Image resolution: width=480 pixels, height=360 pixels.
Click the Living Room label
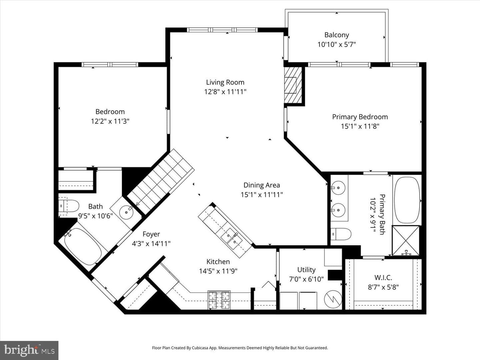click(x=225, y=82)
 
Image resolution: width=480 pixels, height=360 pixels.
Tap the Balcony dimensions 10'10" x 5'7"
click(x=337, y=45)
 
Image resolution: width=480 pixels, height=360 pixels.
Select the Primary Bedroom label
click(x=360, y=117)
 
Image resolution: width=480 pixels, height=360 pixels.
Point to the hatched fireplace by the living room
click(x=293, y=85)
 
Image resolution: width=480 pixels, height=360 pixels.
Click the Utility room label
click(x=306, y=270)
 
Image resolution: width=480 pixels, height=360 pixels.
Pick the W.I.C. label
click(x=383, y=278)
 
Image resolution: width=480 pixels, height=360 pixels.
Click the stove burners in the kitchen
click(x=219, y=300)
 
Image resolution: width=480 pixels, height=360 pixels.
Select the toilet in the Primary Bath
click(x=341, y=234)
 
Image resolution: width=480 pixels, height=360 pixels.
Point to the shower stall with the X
click(x=406, y=240)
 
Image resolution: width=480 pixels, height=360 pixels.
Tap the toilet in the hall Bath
click(x=69, y=206)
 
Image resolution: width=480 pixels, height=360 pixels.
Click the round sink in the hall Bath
click(x=126, y=212)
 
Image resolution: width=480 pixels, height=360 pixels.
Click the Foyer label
click(x=151, y=234)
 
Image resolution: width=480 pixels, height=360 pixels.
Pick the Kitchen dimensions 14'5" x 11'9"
click(x=218, y=271)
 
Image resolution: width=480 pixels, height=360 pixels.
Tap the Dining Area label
click(x=262, y=185)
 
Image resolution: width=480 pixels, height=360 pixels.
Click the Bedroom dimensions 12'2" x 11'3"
click(x=110, y=121)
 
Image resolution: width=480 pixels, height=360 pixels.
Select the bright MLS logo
click(x=29, y=350)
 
